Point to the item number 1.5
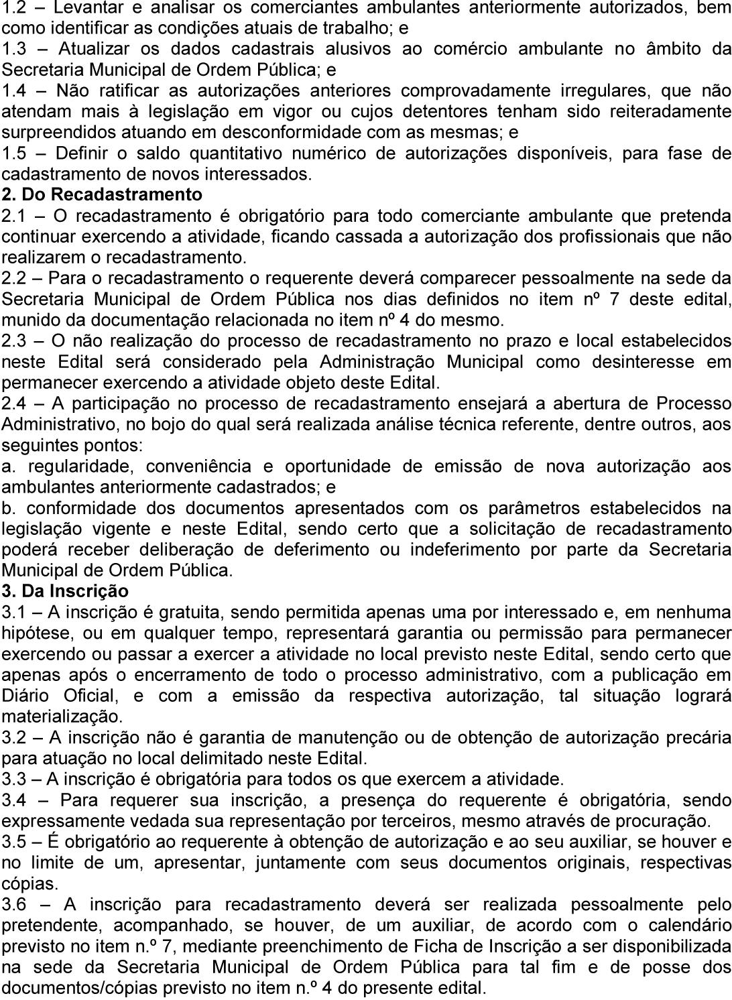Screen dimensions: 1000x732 point(14,153)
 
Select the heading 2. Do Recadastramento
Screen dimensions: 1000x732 point(102,195)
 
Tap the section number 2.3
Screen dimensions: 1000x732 point(14,341)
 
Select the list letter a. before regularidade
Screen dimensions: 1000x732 point(8,466)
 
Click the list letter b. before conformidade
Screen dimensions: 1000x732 point(8,509)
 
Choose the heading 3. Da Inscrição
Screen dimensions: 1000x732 point(65,592)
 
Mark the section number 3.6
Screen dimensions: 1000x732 point(14,905)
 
